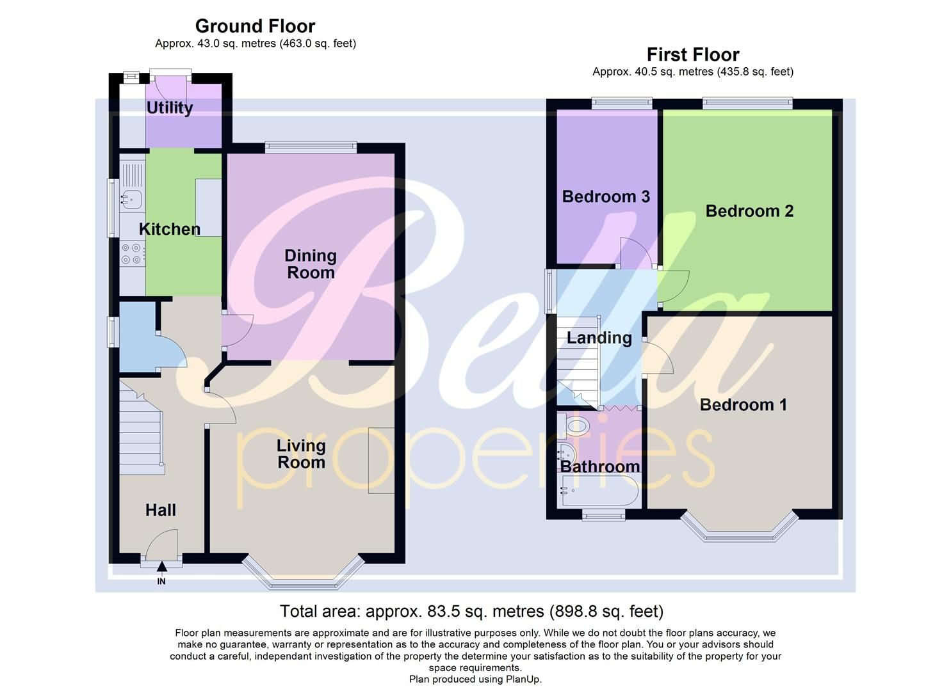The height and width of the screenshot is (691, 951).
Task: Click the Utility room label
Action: click(170, 107)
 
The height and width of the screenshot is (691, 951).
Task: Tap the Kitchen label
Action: click(170, 229)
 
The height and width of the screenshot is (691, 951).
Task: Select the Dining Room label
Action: click(310, 264)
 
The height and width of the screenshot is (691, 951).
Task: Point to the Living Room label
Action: click(301, 454)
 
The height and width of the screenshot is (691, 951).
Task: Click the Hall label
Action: click(160, 510)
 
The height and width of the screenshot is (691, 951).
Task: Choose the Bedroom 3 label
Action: click(606, 196)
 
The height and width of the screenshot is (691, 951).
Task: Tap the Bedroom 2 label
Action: click(749, 211)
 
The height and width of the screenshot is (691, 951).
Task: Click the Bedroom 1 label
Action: click(743, 404)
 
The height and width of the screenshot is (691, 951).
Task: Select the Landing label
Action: click(599, 338)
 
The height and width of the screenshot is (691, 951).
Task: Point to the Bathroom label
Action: click(599, 466)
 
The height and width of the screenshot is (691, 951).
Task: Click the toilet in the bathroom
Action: click(574, 425)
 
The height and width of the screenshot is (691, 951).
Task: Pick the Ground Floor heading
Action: click(255, 26)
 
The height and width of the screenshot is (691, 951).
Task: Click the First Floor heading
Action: click(692, 54)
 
